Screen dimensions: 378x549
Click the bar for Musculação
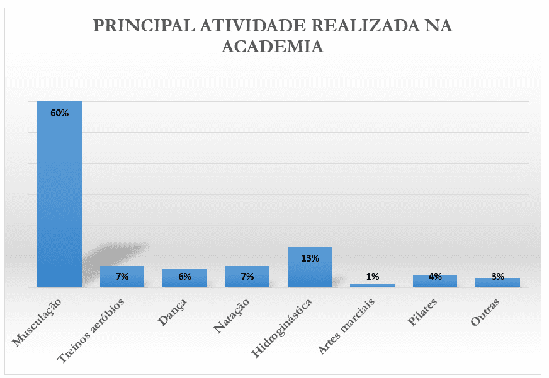[59, 195]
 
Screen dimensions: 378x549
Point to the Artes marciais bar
[372, 286]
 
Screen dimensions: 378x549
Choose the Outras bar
[497, 284]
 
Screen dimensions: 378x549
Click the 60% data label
[59, 113]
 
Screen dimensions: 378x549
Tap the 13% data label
[310, 258]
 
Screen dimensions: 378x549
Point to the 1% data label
[372, 277]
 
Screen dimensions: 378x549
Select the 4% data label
[435, 277]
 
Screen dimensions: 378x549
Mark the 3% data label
[497, 277]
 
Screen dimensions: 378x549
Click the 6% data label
[184, 277]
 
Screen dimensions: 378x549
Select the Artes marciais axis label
[348, 325]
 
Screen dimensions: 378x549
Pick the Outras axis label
[485, 311]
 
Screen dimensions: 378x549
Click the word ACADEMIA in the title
[273, 47]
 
